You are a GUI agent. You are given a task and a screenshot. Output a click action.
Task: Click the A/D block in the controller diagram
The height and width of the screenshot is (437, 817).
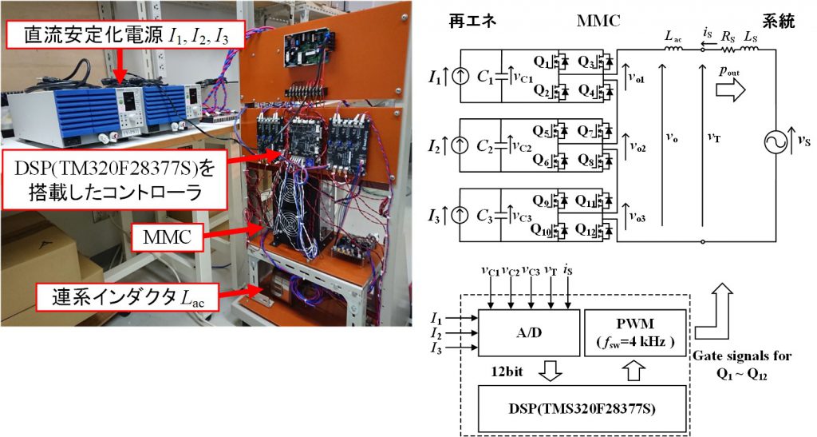[529, 332]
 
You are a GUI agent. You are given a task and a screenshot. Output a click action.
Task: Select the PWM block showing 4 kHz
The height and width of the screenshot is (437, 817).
[635, 332]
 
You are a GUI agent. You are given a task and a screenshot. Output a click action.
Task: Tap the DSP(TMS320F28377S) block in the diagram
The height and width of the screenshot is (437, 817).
[582, 408]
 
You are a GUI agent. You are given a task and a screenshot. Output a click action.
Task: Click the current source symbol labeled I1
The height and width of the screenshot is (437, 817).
[460, 77]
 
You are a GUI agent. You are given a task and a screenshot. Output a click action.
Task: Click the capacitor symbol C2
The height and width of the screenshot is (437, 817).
[501, 147]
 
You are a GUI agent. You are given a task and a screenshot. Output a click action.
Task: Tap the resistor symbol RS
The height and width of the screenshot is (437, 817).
[728, 50]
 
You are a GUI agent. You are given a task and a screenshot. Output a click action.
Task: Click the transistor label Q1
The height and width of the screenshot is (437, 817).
[542, 62]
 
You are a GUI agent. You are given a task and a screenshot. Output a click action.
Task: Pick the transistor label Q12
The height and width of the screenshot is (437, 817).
[586, 230]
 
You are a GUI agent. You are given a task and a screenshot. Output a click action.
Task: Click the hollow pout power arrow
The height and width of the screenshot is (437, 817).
[731, 89]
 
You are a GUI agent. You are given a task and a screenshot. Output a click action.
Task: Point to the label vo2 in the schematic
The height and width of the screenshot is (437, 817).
[637, 148]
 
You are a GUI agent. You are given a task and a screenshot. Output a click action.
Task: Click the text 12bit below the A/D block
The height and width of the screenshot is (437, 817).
[507, 371]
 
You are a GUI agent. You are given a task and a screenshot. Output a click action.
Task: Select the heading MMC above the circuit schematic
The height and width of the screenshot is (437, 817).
[598, 21]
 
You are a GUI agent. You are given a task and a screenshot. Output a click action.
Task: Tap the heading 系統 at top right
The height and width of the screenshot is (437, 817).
[779, 21]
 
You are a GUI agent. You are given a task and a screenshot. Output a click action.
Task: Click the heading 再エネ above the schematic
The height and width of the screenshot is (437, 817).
[472, 21]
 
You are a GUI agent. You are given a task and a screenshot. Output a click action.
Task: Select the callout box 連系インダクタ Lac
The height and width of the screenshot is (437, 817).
[127, 298]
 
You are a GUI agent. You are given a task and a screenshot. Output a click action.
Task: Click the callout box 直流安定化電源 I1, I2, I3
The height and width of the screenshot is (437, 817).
[127, 35]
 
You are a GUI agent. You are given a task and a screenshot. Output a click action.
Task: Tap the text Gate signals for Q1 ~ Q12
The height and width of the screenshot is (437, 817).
[741, 364]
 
